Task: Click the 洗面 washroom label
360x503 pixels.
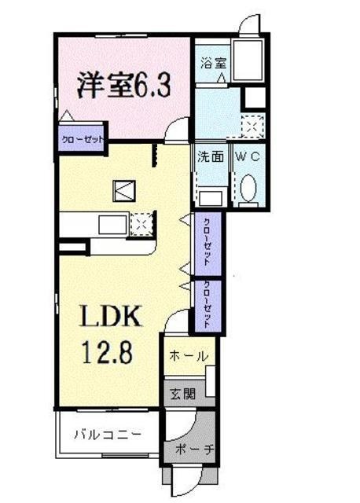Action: click(211, 156)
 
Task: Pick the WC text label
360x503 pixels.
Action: click(250, 156)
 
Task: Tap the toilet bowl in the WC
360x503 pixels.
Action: click(249, 188)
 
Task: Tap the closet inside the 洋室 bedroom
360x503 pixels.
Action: click(83, 138)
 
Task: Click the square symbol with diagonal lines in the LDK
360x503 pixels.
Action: click(124, 191)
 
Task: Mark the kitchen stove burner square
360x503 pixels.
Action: click(141, 224)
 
